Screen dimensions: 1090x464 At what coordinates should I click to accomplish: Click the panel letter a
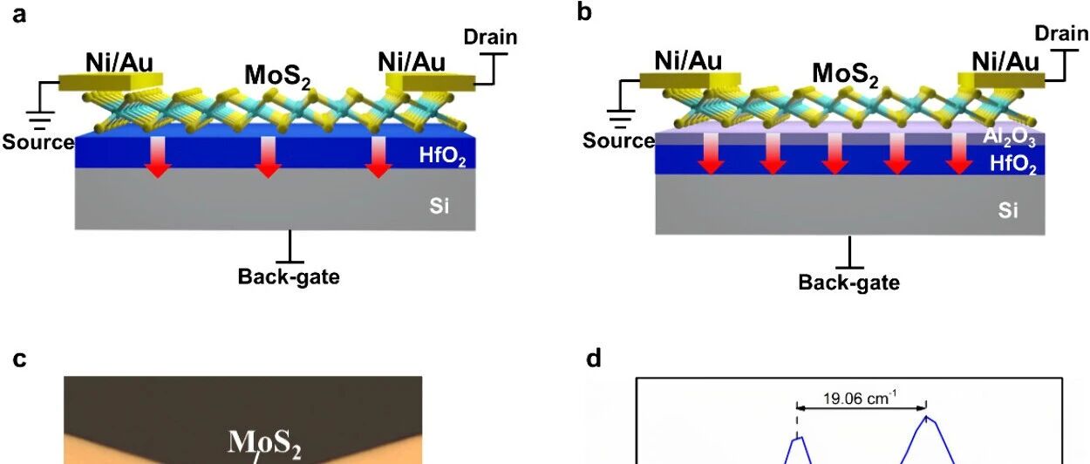pyautogui.click(x=19, y=15)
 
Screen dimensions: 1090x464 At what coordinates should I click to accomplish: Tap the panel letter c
pyautogui.click(x=19, y=359)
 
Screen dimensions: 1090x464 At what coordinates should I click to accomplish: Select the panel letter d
pyautogui.click(x=594, y=358)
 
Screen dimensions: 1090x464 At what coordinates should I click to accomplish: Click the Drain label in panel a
pyautogui.click(x=490, y=37)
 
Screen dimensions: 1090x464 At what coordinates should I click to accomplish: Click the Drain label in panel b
pyautogui.click(x=1061, y=33)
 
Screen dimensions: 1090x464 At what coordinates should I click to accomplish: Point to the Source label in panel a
pyautogui.click(x=38, y=141)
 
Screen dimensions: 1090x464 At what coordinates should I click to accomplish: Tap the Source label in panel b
pyautogui.click(x=618, y=140)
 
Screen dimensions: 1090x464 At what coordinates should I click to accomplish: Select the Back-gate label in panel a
pyautogui.click(x=289, y=276)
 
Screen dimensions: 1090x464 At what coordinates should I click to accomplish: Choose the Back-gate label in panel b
pyautogui.click(x=849, y=283)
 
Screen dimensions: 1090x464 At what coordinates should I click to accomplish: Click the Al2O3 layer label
pyautogui.click(x=1009, y=137)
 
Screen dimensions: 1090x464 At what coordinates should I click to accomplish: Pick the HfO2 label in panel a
pyautogui.click(x=442, y=156)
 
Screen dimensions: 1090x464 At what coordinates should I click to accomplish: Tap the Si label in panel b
pyautogui.click(x=1008, y=210)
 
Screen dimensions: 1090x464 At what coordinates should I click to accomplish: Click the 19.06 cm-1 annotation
pyautogui.click(x=860, y=399)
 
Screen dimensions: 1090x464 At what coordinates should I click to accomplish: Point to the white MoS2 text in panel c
pyautogui.click(x=265, y=443)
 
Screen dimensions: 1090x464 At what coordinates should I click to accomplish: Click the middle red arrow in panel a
pyautogui.click(x=268, y=157)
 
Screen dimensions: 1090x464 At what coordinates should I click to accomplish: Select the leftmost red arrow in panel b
pyautogui.click(x=711, y=154)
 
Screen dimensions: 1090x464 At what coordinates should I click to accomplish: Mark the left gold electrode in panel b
pyautogui.click(x=690, y=81)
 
